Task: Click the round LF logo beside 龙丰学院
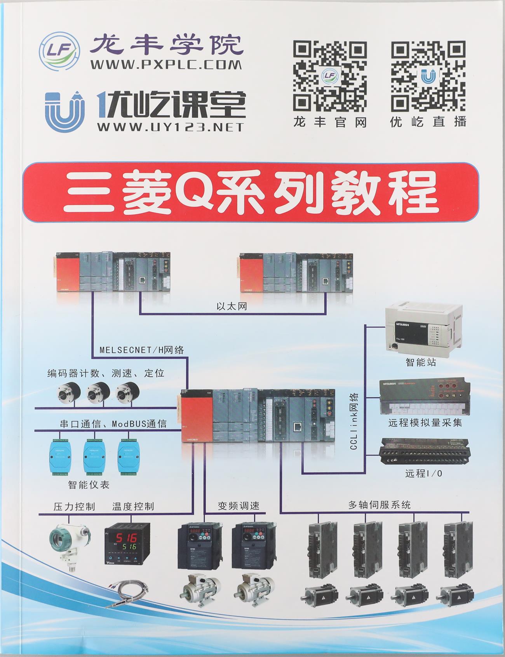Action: [59, 52]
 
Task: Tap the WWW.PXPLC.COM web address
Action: [166, 64]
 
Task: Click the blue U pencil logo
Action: [64, 110]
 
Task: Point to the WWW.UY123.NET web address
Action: [171, 127]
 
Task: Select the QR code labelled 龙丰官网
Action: [330, 76]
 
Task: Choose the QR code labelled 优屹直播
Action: [428, 76]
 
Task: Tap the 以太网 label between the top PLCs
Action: [232, 306]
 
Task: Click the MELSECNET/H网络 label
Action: [142, 350]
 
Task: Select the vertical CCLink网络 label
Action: [354, 422]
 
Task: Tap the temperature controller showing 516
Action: [127, 542]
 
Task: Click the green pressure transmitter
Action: [70, 543]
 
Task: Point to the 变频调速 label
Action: [239, 505]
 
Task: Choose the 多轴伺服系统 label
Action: [380, 505]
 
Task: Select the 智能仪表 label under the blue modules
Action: [89, 484]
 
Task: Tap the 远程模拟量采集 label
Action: [425, 422]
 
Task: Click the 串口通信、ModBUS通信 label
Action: [113, 423]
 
